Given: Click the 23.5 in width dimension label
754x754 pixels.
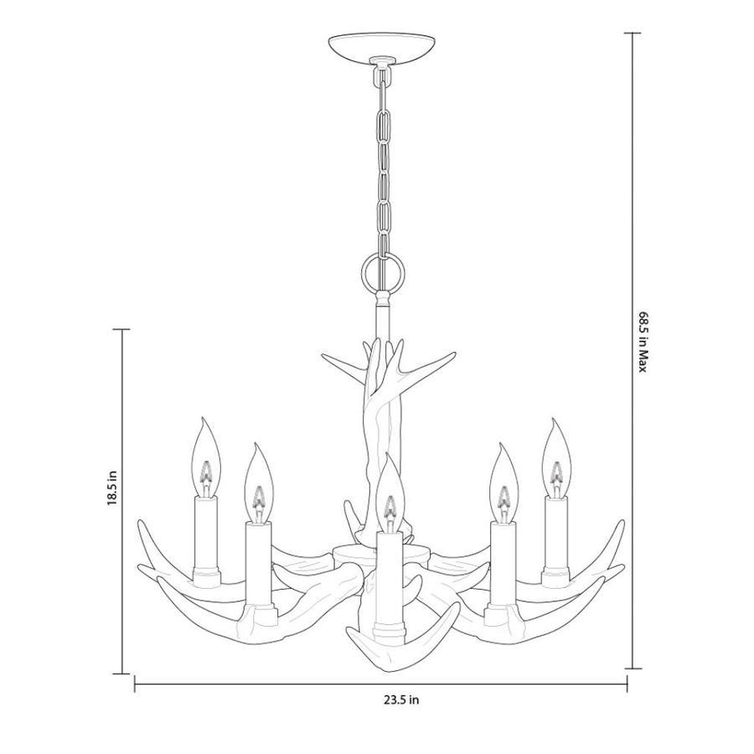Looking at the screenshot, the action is (401, 700).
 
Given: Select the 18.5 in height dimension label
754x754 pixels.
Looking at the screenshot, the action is (112, 487).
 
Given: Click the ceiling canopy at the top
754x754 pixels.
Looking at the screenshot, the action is (383, 48).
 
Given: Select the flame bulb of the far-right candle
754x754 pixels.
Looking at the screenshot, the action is (557, 457).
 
